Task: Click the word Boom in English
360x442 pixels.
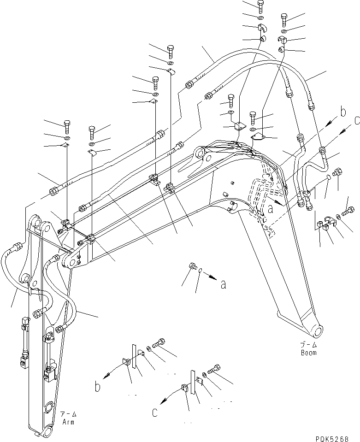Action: point(309,353)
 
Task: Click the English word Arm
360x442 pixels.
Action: point(68,422)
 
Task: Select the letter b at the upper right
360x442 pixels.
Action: point(342,112)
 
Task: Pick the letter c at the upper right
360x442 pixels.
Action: point(357,121)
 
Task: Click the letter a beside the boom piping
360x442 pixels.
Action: point(271,209)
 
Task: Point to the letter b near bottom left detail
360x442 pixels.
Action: point(97,387)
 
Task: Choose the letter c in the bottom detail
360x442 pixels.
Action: point(155,413)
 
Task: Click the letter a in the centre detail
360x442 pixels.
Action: point(223,285)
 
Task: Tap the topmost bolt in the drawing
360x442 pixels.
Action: point(260,6)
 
